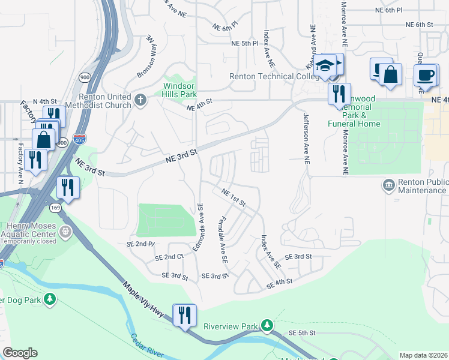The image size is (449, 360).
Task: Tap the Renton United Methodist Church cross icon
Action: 140,100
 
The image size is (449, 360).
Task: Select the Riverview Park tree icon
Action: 267,326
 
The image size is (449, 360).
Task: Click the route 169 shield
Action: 56,208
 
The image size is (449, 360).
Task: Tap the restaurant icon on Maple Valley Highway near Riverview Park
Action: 184,314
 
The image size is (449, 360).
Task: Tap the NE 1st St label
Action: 233,197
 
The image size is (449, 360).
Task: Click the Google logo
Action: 20,353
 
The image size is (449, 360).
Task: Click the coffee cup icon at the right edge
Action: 425,75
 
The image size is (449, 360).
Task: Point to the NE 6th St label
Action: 419,25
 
